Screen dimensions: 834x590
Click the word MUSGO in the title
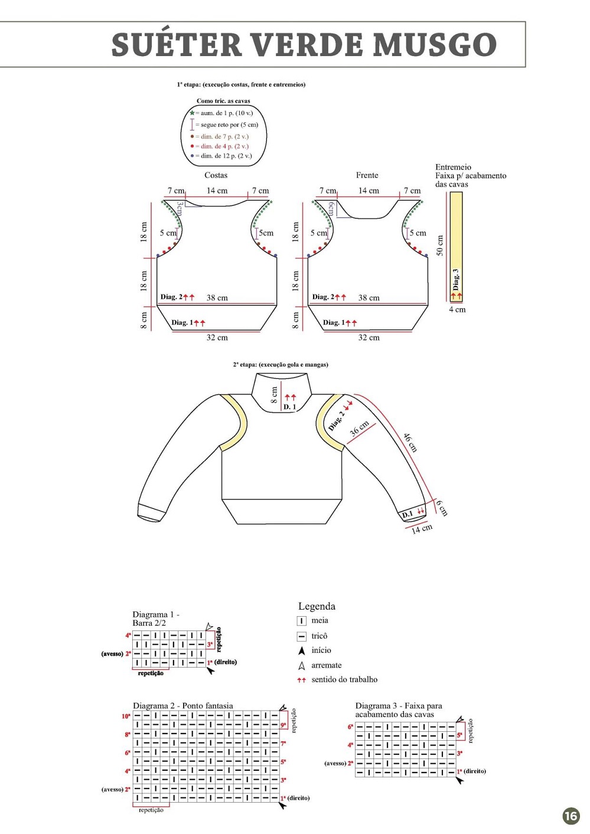[435, 45]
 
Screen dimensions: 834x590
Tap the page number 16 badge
[571, 816]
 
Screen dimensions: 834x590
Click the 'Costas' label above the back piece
[216, 175]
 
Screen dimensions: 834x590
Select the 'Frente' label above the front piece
[367, 175]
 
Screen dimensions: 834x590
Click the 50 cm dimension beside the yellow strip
[440, 246]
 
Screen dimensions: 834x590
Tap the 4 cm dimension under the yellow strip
[457, 309]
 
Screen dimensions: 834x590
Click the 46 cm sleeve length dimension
[410, 442]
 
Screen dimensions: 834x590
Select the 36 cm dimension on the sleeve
[359, 428]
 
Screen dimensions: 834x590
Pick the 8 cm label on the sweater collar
[274, 394]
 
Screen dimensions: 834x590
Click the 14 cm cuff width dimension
[422, 529]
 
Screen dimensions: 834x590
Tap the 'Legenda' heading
[317, 606]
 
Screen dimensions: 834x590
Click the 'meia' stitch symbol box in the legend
[301, 621]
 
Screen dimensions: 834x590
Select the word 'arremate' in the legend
[326, 665]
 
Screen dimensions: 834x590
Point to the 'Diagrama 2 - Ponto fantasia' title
[182, 705]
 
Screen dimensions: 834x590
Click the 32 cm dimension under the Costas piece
[217, 338]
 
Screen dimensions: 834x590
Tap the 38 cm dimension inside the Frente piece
[369, 298]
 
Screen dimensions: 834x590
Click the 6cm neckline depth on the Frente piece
[332, 208]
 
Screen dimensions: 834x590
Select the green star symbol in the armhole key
[192, 113]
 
